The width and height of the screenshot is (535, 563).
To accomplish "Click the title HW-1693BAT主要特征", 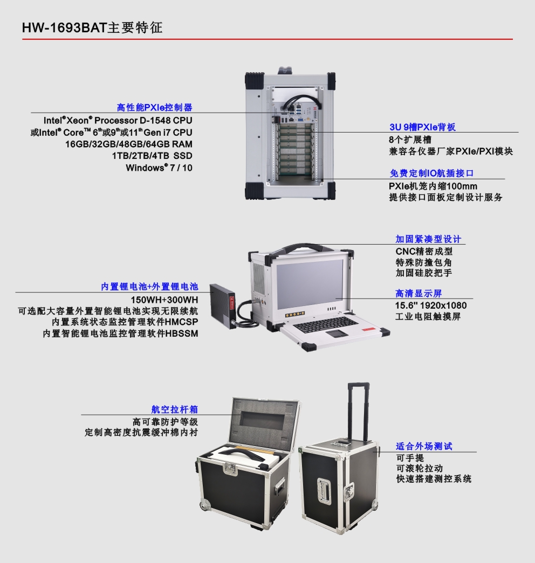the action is coord(92,27).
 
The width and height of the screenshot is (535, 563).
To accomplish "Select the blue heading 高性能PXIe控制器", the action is coord(155,107).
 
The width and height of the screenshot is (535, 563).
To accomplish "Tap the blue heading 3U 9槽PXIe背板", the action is coord(422,127).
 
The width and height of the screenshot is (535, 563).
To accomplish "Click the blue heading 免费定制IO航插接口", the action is coord(431,173).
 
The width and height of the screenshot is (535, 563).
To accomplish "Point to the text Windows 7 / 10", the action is coord(159,168).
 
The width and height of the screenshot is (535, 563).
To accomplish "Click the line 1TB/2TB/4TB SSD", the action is coord(152,156).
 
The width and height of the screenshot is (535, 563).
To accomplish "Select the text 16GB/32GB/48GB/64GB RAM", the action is coord(129,144).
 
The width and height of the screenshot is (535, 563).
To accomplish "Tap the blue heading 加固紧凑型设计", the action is coord(428,239).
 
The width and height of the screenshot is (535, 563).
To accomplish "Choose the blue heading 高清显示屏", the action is coord(419,293).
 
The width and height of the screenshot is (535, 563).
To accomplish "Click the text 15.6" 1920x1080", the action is coord(431,305).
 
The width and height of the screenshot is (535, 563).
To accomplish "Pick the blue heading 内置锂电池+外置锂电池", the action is coord(149,287).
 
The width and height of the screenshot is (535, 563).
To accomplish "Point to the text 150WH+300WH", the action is coord(164,300).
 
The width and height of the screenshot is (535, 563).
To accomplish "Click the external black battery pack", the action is coord(224,304).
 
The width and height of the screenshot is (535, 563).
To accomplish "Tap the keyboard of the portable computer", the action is coord(326,324).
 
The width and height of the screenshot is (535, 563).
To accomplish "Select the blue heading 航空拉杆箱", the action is coord(174,409).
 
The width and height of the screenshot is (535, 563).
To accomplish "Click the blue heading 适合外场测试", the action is coord(424,446).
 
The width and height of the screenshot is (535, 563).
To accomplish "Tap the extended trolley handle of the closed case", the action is coord(359,412).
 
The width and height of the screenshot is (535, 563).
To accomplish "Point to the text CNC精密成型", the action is coord(424,252).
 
